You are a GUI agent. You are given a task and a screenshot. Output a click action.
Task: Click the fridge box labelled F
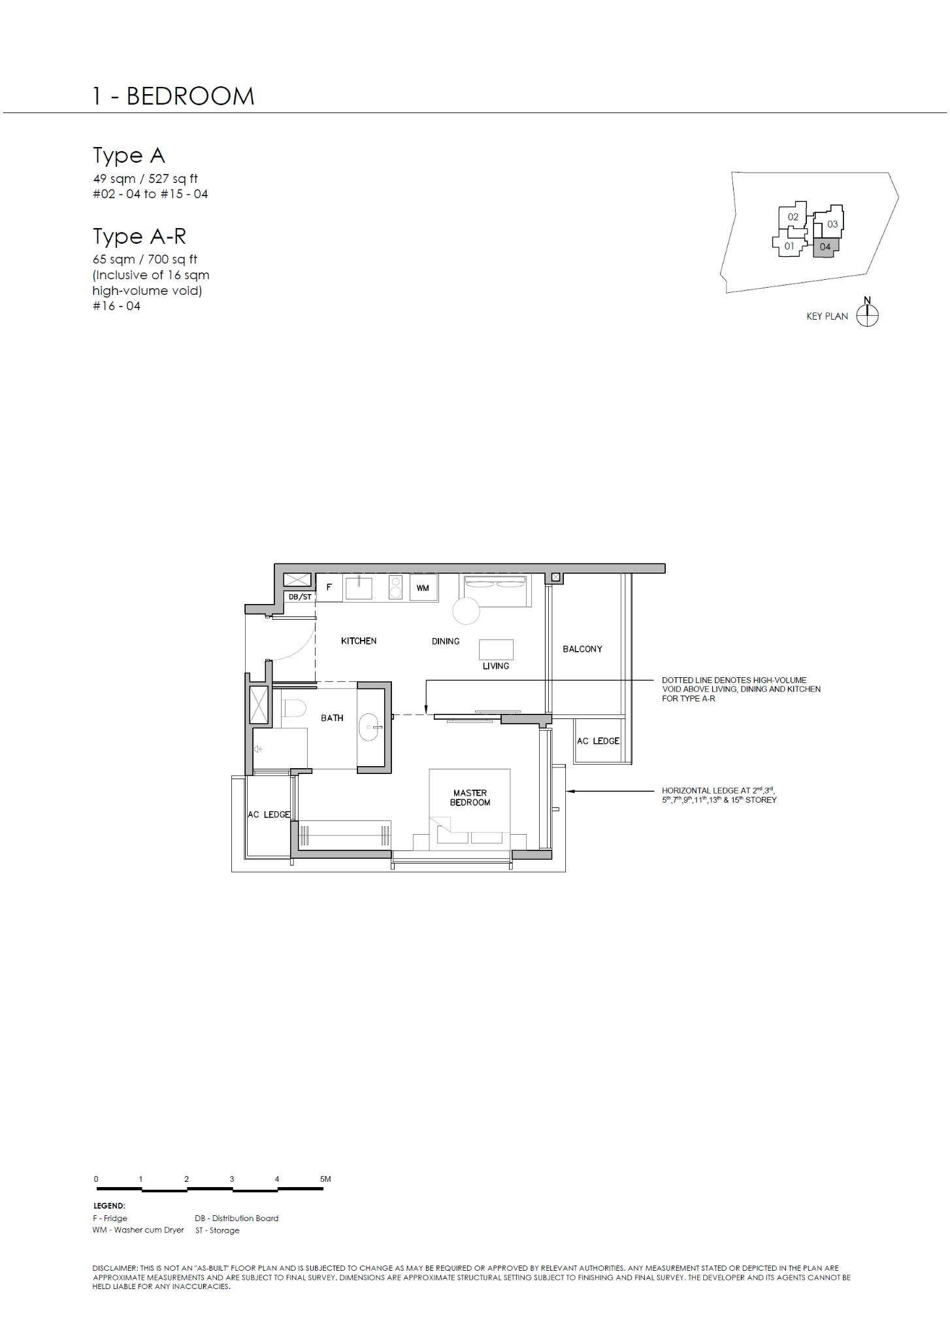[329, 587]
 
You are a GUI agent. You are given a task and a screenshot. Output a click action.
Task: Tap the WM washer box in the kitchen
[423, 588]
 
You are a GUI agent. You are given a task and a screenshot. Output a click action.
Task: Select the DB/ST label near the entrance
[301, 597]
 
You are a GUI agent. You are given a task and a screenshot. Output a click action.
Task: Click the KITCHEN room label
[359, 641]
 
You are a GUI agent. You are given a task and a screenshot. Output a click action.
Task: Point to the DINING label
[446, 641]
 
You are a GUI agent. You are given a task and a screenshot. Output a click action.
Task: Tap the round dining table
[467, 611]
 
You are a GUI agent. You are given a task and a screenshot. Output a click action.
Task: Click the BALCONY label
[582, 649]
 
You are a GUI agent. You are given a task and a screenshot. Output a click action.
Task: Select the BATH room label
[332, 718]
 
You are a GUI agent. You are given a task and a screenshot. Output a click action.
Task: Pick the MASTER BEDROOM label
[470, 798]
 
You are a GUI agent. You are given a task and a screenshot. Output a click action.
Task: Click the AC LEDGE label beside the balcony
[598, 741]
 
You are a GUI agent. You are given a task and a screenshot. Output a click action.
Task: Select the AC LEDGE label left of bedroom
[269, 815]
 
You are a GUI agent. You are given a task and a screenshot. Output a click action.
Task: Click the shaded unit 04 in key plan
[825, 247]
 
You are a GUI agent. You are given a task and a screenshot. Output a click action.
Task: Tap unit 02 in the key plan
[793, 217]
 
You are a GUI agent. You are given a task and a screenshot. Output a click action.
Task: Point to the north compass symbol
[867, 316]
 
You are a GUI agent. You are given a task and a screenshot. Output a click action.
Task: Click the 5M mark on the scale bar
[325, 1179]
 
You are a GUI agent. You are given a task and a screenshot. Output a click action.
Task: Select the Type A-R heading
[139, 237]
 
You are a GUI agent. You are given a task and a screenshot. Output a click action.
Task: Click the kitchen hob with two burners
[395, 587]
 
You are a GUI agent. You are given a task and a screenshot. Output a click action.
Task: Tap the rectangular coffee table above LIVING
[496, 650]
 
